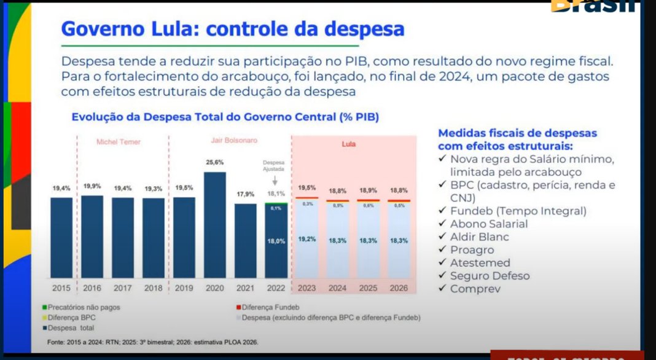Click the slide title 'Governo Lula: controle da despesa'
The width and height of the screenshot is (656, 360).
click(x=233, y=29)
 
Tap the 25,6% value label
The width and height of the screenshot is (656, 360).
click(x=215, y=162)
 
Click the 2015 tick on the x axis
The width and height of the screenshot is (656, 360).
click(x=61, y=288)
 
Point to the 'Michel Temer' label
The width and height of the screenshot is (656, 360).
click(x=119, y=142)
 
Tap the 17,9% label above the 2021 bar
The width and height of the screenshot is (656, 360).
click(x=246, y=194)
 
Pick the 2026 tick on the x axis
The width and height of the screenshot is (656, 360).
click(x=399, y=288)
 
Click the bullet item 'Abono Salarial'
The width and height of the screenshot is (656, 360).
click(x=489, y=224)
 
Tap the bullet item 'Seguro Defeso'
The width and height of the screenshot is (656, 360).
click(x=490, y=276)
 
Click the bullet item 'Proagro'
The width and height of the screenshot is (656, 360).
click(x=472, y=250)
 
